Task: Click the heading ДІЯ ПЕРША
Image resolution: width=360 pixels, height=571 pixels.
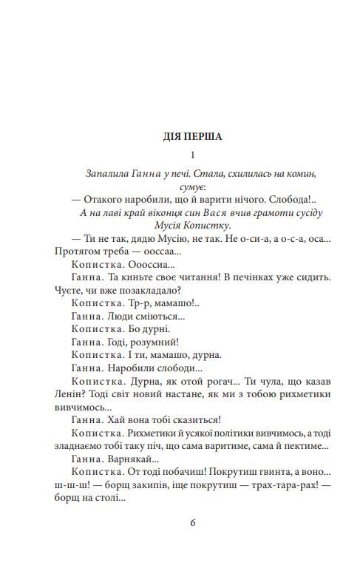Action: [191, 136]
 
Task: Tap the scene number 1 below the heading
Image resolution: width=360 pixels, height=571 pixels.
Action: [191, 155]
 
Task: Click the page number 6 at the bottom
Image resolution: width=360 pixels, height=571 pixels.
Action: [192, 522]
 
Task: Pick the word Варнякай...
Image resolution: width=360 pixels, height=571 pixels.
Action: [140, 459]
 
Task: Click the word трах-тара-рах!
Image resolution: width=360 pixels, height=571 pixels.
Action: [279, 485]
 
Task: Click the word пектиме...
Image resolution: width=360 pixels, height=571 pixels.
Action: [299, 446]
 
